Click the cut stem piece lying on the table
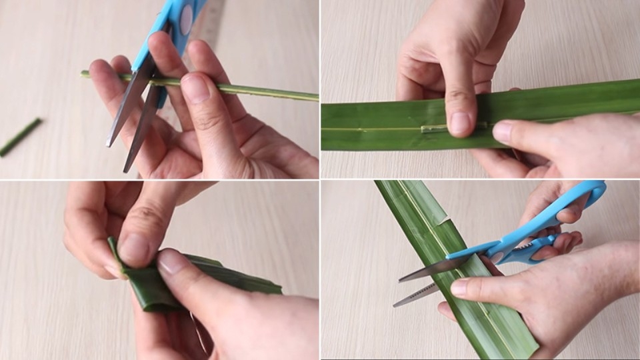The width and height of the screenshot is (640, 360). [20, 137]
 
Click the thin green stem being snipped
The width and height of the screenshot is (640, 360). [267, 91]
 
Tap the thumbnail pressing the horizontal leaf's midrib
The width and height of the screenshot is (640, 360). [459, 123]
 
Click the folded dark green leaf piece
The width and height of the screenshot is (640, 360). [220, 280]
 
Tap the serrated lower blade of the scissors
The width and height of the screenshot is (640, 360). [417, 293]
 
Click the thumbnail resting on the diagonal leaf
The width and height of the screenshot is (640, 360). [460, 287]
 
